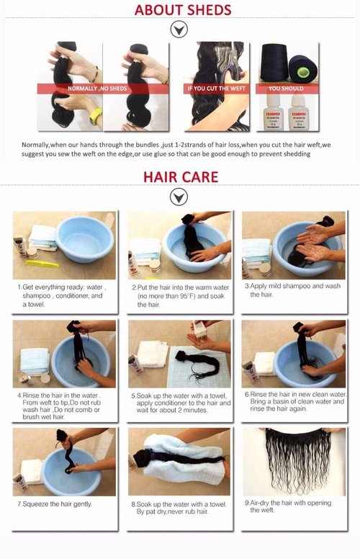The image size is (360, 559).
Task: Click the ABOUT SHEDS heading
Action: pos(182,10)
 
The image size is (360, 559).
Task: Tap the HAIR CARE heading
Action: pos(180,176)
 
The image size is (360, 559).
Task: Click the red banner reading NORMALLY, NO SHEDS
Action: pos(97,88)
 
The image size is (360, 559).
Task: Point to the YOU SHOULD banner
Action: pos(286,88)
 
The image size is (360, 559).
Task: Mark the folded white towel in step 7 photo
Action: pos(30,471)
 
